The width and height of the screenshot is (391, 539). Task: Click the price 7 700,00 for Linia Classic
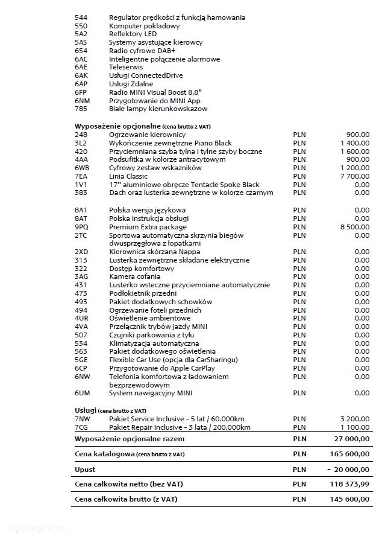(x=355, y=176)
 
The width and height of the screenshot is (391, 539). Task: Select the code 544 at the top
(x=81, y=18)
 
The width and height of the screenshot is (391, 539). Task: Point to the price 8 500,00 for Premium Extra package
(x=355, y=227)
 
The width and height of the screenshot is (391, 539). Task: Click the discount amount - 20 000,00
(x=349, y=469)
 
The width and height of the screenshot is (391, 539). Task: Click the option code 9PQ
(x=81, y=227)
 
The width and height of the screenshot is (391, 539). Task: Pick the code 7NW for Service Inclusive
(x=82, y=418)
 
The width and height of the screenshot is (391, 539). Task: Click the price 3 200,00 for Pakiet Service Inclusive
(x=355, y=418)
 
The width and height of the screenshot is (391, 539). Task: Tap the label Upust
(x=85, y=469)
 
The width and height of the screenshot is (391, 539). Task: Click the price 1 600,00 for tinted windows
(x=355, y=151)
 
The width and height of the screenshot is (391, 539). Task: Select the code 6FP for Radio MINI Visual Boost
(x=81, y=92)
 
